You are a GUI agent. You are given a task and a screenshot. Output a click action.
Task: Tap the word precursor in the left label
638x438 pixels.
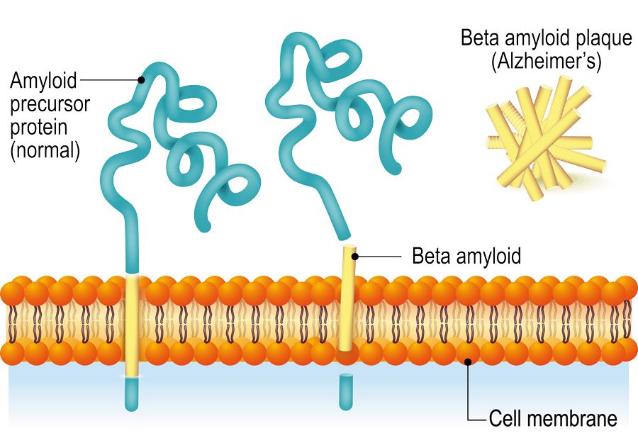(50, 104)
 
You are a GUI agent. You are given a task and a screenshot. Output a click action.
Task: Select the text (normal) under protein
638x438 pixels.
(44, 150)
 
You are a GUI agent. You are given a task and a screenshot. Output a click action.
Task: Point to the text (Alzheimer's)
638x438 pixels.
(546, 62)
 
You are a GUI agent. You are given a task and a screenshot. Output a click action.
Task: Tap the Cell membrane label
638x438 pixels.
(553, 418)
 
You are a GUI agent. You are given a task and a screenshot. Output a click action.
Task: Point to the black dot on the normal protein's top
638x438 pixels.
(142, 80)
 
